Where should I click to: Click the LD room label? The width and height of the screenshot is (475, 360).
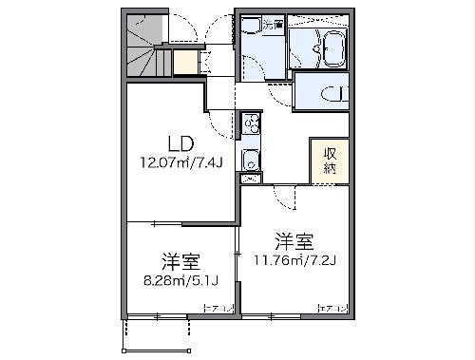[x=180, y=143]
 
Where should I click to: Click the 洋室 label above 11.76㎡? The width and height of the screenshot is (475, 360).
[x=294, y=238]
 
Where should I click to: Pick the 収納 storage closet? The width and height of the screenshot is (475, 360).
[x=327, y=161]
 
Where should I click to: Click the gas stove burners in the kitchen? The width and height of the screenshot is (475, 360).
[x=251, y=123]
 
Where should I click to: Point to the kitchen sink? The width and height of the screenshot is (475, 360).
[x=250, y=159]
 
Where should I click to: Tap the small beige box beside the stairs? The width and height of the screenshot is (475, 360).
[x=185, y=63]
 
